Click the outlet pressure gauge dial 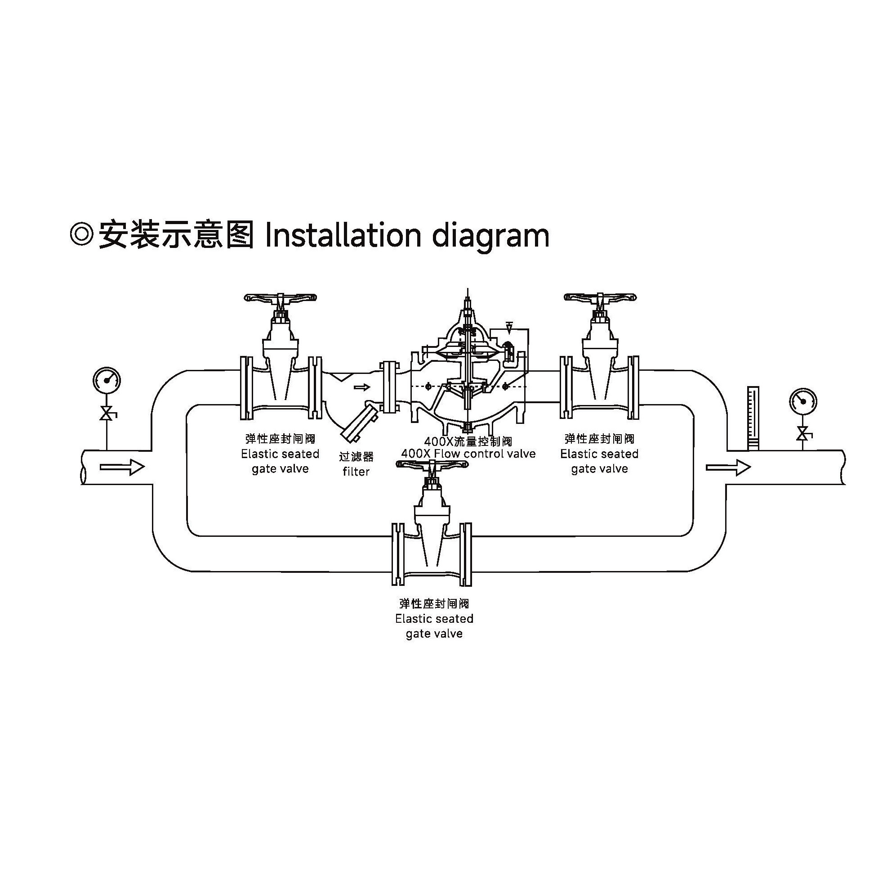pyautogui.click(x=803, y=401)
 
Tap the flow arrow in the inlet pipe pyautogui.click(x=122, y=467)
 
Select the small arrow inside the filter pyautogui.click(x=361, y=387)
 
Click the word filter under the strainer pyautogui.click(x=356, y=472)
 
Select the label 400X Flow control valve pyautogui.click(x=468, y=454)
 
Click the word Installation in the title pyautogui.click(x=343, y=235)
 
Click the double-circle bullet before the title pyautogui.click(x=82, y=234)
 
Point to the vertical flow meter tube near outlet pyautogui.click(x=753, y=418)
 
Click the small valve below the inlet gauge pyautogui.click(x=107, y=413)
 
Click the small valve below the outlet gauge pyautogui.click(x=803, y=434)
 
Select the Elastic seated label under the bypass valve pyautogui.click(x=434, y=619)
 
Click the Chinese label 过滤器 pyautogui.click(x=356, y=457)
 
